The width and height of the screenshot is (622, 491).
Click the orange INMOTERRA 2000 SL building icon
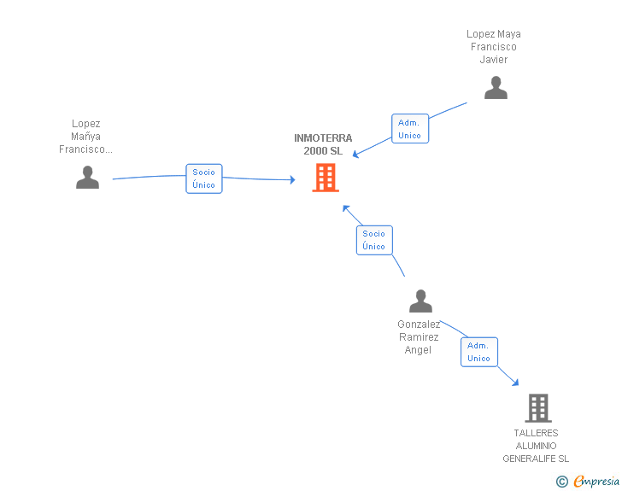click(326, 178)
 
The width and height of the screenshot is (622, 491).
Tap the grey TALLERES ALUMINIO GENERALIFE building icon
click(538, 407)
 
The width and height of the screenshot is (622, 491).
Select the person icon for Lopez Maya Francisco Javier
click(496, 88)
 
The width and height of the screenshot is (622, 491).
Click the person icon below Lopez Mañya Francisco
click(87, 178)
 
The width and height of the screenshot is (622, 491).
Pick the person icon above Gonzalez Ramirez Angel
click(420, 301)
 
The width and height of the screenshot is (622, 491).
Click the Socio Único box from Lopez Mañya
click(204, 178)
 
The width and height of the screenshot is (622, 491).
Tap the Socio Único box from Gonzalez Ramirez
click(374, 240)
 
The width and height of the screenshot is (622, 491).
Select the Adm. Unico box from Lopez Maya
click(410, 128)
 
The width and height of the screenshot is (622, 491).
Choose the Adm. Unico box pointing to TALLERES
click(478, 352)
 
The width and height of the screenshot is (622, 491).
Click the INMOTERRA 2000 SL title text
click(323, 144)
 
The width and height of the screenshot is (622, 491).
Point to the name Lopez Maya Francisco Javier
click(494, 47)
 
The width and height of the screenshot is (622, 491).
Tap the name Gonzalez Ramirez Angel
click(419, 336)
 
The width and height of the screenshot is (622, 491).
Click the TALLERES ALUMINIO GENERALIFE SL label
click(536, 446)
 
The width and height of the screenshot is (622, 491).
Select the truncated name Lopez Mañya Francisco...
click(85, 137)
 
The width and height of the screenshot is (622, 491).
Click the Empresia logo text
click(596, 481)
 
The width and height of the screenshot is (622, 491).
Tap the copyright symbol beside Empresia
click(561, 482)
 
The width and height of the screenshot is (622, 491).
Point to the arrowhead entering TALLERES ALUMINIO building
click(515, 383)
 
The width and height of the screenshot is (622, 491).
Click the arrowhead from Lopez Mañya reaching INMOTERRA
click(292, 179)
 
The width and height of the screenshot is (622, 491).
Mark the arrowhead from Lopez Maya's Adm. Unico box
click(355, 155)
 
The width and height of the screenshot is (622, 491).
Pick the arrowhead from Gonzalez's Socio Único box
click(346, 208)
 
